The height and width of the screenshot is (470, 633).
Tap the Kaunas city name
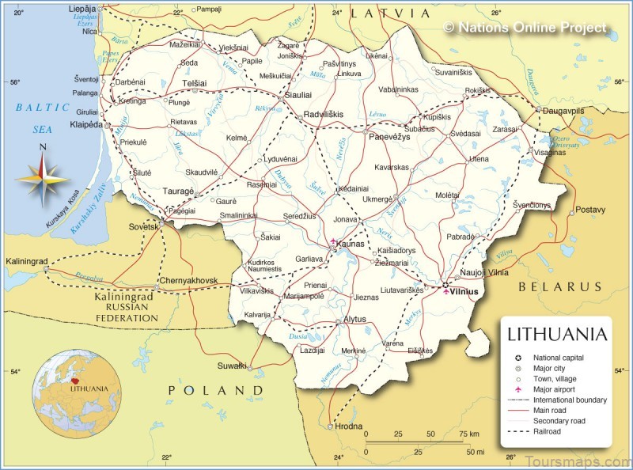pos(351,244)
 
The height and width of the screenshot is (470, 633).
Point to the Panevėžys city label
pos(388,136)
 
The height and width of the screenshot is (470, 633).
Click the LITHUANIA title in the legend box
pos(557,334)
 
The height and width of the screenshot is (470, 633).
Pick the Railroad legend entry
pos(548,431)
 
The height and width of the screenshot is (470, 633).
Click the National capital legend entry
pos(558,358)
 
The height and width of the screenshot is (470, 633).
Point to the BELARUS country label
pos(560,286)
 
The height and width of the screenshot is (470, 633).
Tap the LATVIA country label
pos(391,13)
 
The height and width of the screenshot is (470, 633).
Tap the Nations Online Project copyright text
pos(525,28)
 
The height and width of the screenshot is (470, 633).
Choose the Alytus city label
pos(355,320)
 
